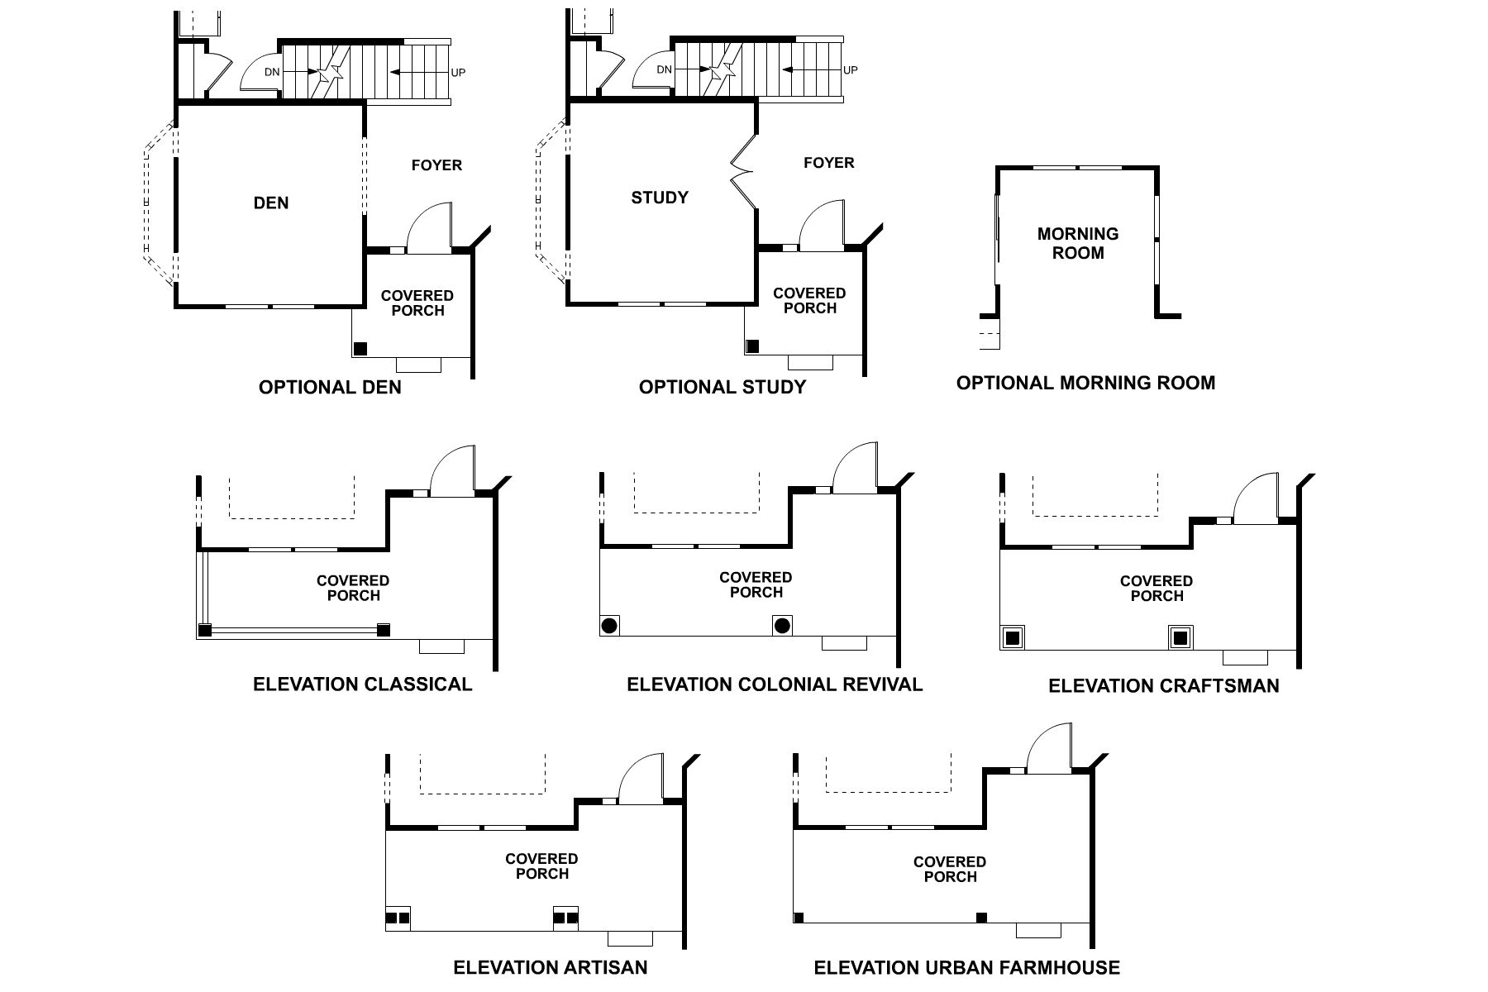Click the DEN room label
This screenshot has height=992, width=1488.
click(271, 203)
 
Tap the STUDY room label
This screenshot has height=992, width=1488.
click(660, 198)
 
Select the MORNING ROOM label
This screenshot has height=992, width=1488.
click(1078, 244)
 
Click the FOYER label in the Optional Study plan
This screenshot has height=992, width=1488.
click(828, 163)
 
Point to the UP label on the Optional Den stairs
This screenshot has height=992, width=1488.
click(458, 73)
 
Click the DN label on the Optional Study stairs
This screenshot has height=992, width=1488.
click(665, 70)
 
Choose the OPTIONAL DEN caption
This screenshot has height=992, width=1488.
click(330, 388)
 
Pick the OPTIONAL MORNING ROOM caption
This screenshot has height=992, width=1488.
click(1085, 384)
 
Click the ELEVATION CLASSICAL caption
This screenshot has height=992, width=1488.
click(362, 684)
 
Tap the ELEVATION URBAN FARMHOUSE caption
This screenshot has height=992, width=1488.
click(966, 968)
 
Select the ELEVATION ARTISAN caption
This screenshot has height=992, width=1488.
click(550, 967)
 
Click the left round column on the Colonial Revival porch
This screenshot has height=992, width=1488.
click(610, 625)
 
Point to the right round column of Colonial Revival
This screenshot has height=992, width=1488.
click(782, 625)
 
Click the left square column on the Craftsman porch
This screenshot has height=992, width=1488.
click(1011, 637)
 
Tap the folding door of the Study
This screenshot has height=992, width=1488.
click(742, 172)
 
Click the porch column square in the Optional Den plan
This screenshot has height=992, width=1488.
click(360, 348)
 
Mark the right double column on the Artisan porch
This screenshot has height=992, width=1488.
click(565, 918)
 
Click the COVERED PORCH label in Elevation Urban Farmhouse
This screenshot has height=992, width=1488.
click(949, 870)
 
